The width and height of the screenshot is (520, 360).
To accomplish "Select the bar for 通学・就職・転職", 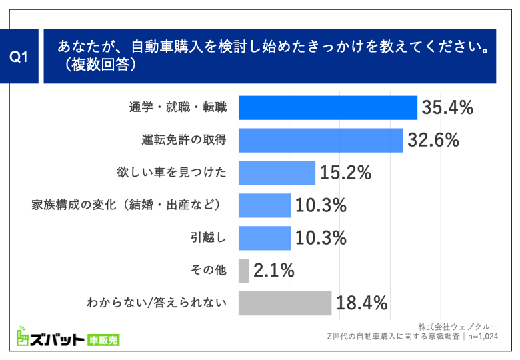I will (x=327, y=107).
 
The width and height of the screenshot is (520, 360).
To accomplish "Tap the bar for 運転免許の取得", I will (x=321, y=140).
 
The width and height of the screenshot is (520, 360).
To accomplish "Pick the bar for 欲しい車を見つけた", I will (x=277, y=173).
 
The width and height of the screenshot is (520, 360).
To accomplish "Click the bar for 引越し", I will (x=264, y=238).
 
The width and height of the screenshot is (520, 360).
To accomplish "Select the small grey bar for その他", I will (x=243, y=271).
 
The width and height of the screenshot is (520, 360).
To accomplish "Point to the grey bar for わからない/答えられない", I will (x=285, y=303).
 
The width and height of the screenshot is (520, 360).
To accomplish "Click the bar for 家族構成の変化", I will (x=264, y=205).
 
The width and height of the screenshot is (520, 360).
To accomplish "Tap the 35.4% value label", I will (x=447, y=107).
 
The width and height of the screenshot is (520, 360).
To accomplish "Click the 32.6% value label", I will (x=434, y=140).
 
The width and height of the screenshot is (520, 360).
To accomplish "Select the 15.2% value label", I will (x=345, y=173).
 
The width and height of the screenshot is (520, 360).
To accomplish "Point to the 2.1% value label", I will (x=275, y=271).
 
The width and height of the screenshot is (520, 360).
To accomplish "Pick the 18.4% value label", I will (x=362, y=303).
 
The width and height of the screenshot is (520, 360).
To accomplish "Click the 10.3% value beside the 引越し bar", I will (x=321, y=238).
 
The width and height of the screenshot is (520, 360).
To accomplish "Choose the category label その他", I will (x=208, y=271).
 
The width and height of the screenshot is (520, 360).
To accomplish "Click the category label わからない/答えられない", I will (x=157, y=303).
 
